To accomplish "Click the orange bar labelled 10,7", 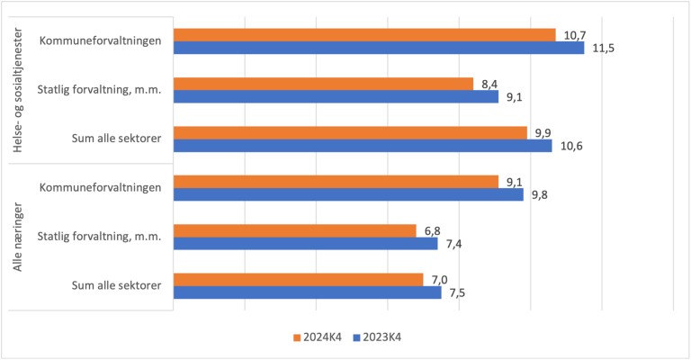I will (364, 35).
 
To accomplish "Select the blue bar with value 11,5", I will (378, 49).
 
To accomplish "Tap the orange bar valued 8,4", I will (323, 84).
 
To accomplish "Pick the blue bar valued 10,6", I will (362, 146).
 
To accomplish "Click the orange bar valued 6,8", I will (295, 230).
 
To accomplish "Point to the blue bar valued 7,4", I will (305, 243).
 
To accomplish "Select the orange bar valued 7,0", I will (298, 279).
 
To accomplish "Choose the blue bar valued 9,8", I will (348, 194).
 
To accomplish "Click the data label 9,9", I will (543, 133).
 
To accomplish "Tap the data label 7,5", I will (456, 292).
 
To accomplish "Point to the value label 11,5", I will (603, 49).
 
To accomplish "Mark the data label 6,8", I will (432, 230).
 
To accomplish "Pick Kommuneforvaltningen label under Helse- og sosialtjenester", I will (101, 40).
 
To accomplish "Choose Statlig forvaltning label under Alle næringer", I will (99, 237).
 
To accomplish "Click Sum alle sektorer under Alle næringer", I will (116, 285).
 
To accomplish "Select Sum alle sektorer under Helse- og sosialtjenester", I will (116, 139).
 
